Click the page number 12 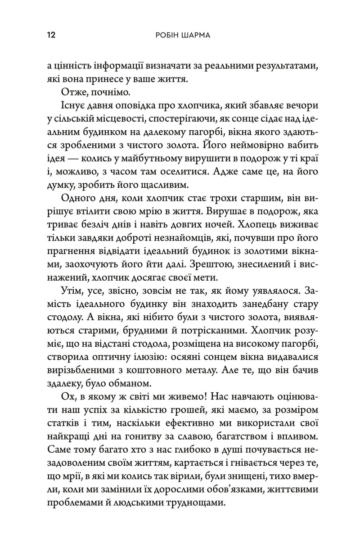[50, 35]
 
